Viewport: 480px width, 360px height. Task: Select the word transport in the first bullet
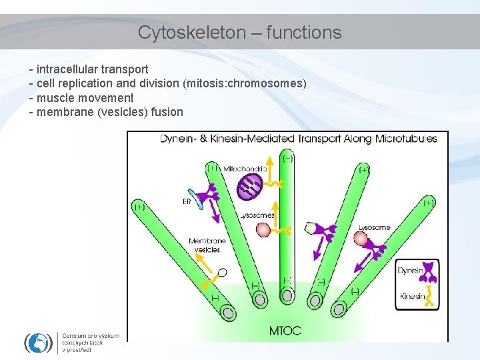pyautogui.click(x=126, y=69)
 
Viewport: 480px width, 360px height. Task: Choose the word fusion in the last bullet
pyautogui.click(x=167, y=112)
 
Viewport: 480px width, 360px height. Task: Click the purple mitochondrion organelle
pyautogui.click(x=249, y=187)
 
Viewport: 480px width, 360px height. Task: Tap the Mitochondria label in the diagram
pyautogui.click(x=245, y=169)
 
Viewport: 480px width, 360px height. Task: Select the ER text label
pyautogui.click(x=187, y=200)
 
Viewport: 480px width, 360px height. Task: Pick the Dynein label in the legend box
pyautogui.click(x=410, y=271)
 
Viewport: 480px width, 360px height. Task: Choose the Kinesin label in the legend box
pyautogui.click(x=411, y=295)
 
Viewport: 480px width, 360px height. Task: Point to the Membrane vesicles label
pyautogui.click(x=207, y=245)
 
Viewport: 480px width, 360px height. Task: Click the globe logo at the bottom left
pyautogui.click(x=38, y=342)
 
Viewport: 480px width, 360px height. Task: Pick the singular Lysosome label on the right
pyautogui.click(x=374, y=228)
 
